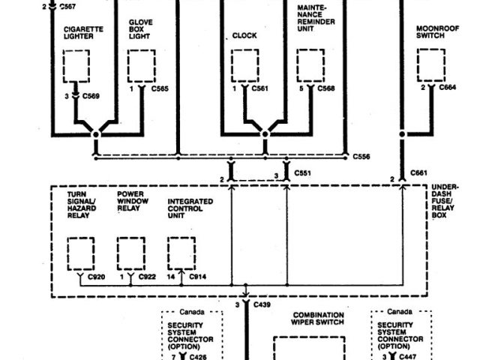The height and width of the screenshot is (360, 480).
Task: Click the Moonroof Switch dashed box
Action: (430, 65)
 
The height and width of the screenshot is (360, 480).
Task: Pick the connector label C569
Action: (91, 96)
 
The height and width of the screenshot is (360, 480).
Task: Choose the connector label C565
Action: (160, 89)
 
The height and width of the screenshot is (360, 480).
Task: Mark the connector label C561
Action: (261, 89)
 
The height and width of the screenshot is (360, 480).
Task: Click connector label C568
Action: (326, 89)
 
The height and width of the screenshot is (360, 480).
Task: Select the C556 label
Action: (361, 157)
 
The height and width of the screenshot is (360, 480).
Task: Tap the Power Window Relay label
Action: (132, 202)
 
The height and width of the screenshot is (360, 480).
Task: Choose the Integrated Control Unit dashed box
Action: (181, 253)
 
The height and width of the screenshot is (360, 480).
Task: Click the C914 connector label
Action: (198, 277)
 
